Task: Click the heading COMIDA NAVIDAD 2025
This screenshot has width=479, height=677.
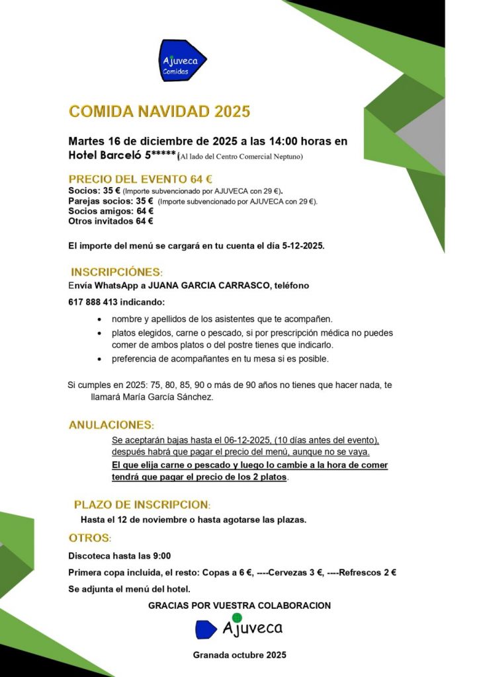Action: pyautogui.click(x=159, y=111)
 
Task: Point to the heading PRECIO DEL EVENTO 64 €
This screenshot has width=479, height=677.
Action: pyautogui.click(x=140, y=179)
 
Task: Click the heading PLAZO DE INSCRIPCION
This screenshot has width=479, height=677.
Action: pyautogui.click(x=142, y=504)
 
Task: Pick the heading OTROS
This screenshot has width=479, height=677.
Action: pyautogui.click(x=90, y=538)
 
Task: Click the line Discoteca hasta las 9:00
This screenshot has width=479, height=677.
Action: pyautogui.click(x=120, y=555)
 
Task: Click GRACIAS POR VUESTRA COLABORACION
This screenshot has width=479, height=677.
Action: pyautogui.click(x=239, y=605)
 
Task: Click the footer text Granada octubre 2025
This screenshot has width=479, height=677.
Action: pyautogui.click(x=239, y=655)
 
